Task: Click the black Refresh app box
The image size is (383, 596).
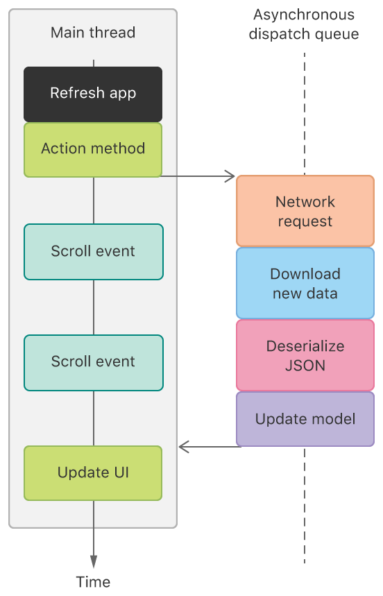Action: click(93, 94)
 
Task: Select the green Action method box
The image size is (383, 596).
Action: click(93, 149)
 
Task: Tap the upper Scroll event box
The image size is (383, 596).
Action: click(93, 251)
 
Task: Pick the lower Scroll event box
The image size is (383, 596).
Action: click(93, 362)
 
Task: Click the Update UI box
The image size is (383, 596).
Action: click(93, 473)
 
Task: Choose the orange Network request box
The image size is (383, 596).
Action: click(305, 212)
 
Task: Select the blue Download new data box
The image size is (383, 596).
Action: click(305, 283)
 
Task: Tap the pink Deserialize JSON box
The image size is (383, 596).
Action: click(305, 355)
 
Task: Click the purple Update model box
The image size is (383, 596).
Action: click(305, 419)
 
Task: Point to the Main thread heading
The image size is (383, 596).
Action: click(93, 33)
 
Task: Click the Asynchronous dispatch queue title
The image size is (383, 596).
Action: click(304, 24)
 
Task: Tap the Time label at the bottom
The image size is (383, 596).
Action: click(93, 581)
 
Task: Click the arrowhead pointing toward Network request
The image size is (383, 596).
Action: click(230, 176)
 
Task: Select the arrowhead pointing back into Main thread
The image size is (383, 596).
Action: click(184, 446)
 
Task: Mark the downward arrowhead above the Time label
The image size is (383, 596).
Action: click(93, 561)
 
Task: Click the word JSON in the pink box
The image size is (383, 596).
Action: click(305, 364)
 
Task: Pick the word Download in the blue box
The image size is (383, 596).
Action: click(305, 274)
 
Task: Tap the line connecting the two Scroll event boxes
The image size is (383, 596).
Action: click(93, 307)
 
